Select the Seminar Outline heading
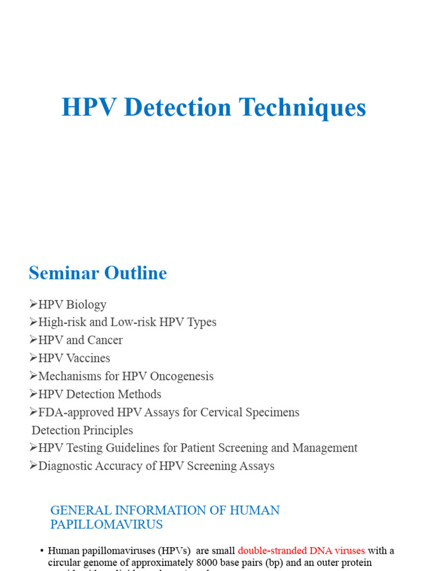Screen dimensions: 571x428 pyautogui.click(x=98, y=273)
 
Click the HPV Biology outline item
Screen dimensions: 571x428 pyautogui.click(x=71, y=304)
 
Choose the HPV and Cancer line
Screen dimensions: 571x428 pyautogui.click(x=80, y=340)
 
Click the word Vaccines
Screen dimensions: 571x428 pyautogui.click(x=87, y=358)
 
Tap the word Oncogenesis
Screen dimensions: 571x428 pyautogui.click(x=182, y=376)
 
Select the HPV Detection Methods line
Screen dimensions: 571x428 pyautogui.click(x=99, y=394)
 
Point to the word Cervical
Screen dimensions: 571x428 pyautogui.click(x=221, y=412)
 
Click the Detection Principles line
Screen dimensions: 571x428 pyautogui.click(x=82, y=430)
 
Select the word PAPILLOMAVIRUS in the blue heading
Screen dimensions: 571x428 pyautogui.click(x=106, y=524)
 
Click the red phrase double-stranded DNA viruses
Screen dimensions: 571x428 pyautogui.click(x=301, y=550)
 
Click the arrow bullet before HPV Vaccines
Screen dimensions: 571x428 pyautogui.click(x=33, y=358)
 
